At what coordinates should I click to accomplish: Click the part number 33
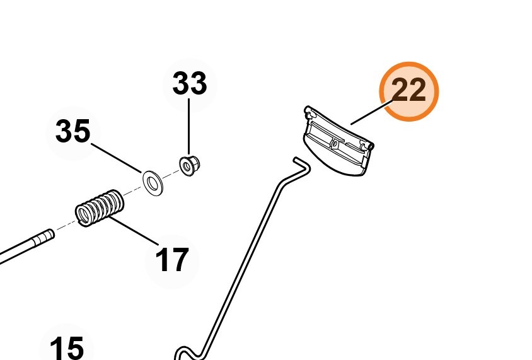(x=190, y=83)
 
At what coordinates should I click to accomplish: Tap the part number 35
(x=73, y=132)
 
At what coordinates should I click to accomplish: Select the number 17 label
(x=171, y=259)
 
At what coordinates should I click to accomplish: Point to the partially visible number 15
(x=66, y=348)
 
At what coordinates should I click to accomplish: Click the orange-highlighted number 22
(x=408, y=91)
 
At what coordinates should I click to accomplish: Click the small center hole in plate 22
(x=335, y=145)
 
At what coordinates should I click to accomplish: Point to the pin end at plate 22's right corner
(x=370, y=147)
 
